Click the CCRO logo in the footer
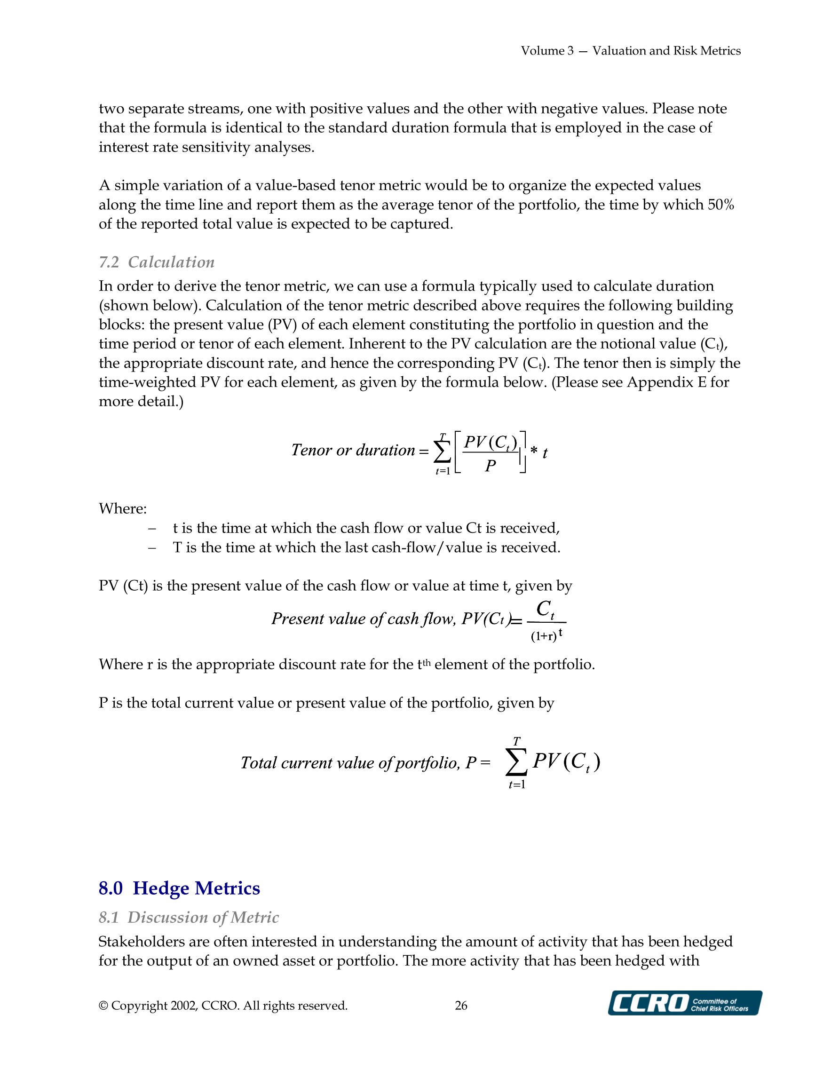tap(684, 1002)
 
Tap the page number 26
tap(460, 1006)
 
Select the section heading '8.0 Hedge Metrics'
tap(179, 888)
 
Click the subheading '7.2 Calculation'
tap(157, 262)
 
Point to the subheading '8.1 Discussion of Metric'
tap(189, 917)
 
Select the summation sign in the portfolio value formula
tap(516, 762)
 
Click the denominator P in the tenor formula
tap(491, 466)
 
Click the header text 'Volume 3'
tap(546, 51)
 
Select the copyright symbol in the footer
tap(103, 1006)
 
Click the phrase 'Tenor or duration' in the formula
tap(353, 450)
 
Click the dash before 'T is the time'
tap(152, 547)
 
